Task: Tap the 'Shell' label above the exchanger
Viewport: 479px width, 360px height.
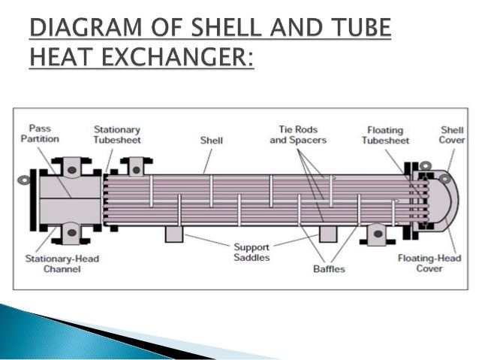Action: (211, 140)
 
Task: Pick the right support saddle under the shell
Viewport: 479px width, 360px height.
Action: (328, 234)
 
